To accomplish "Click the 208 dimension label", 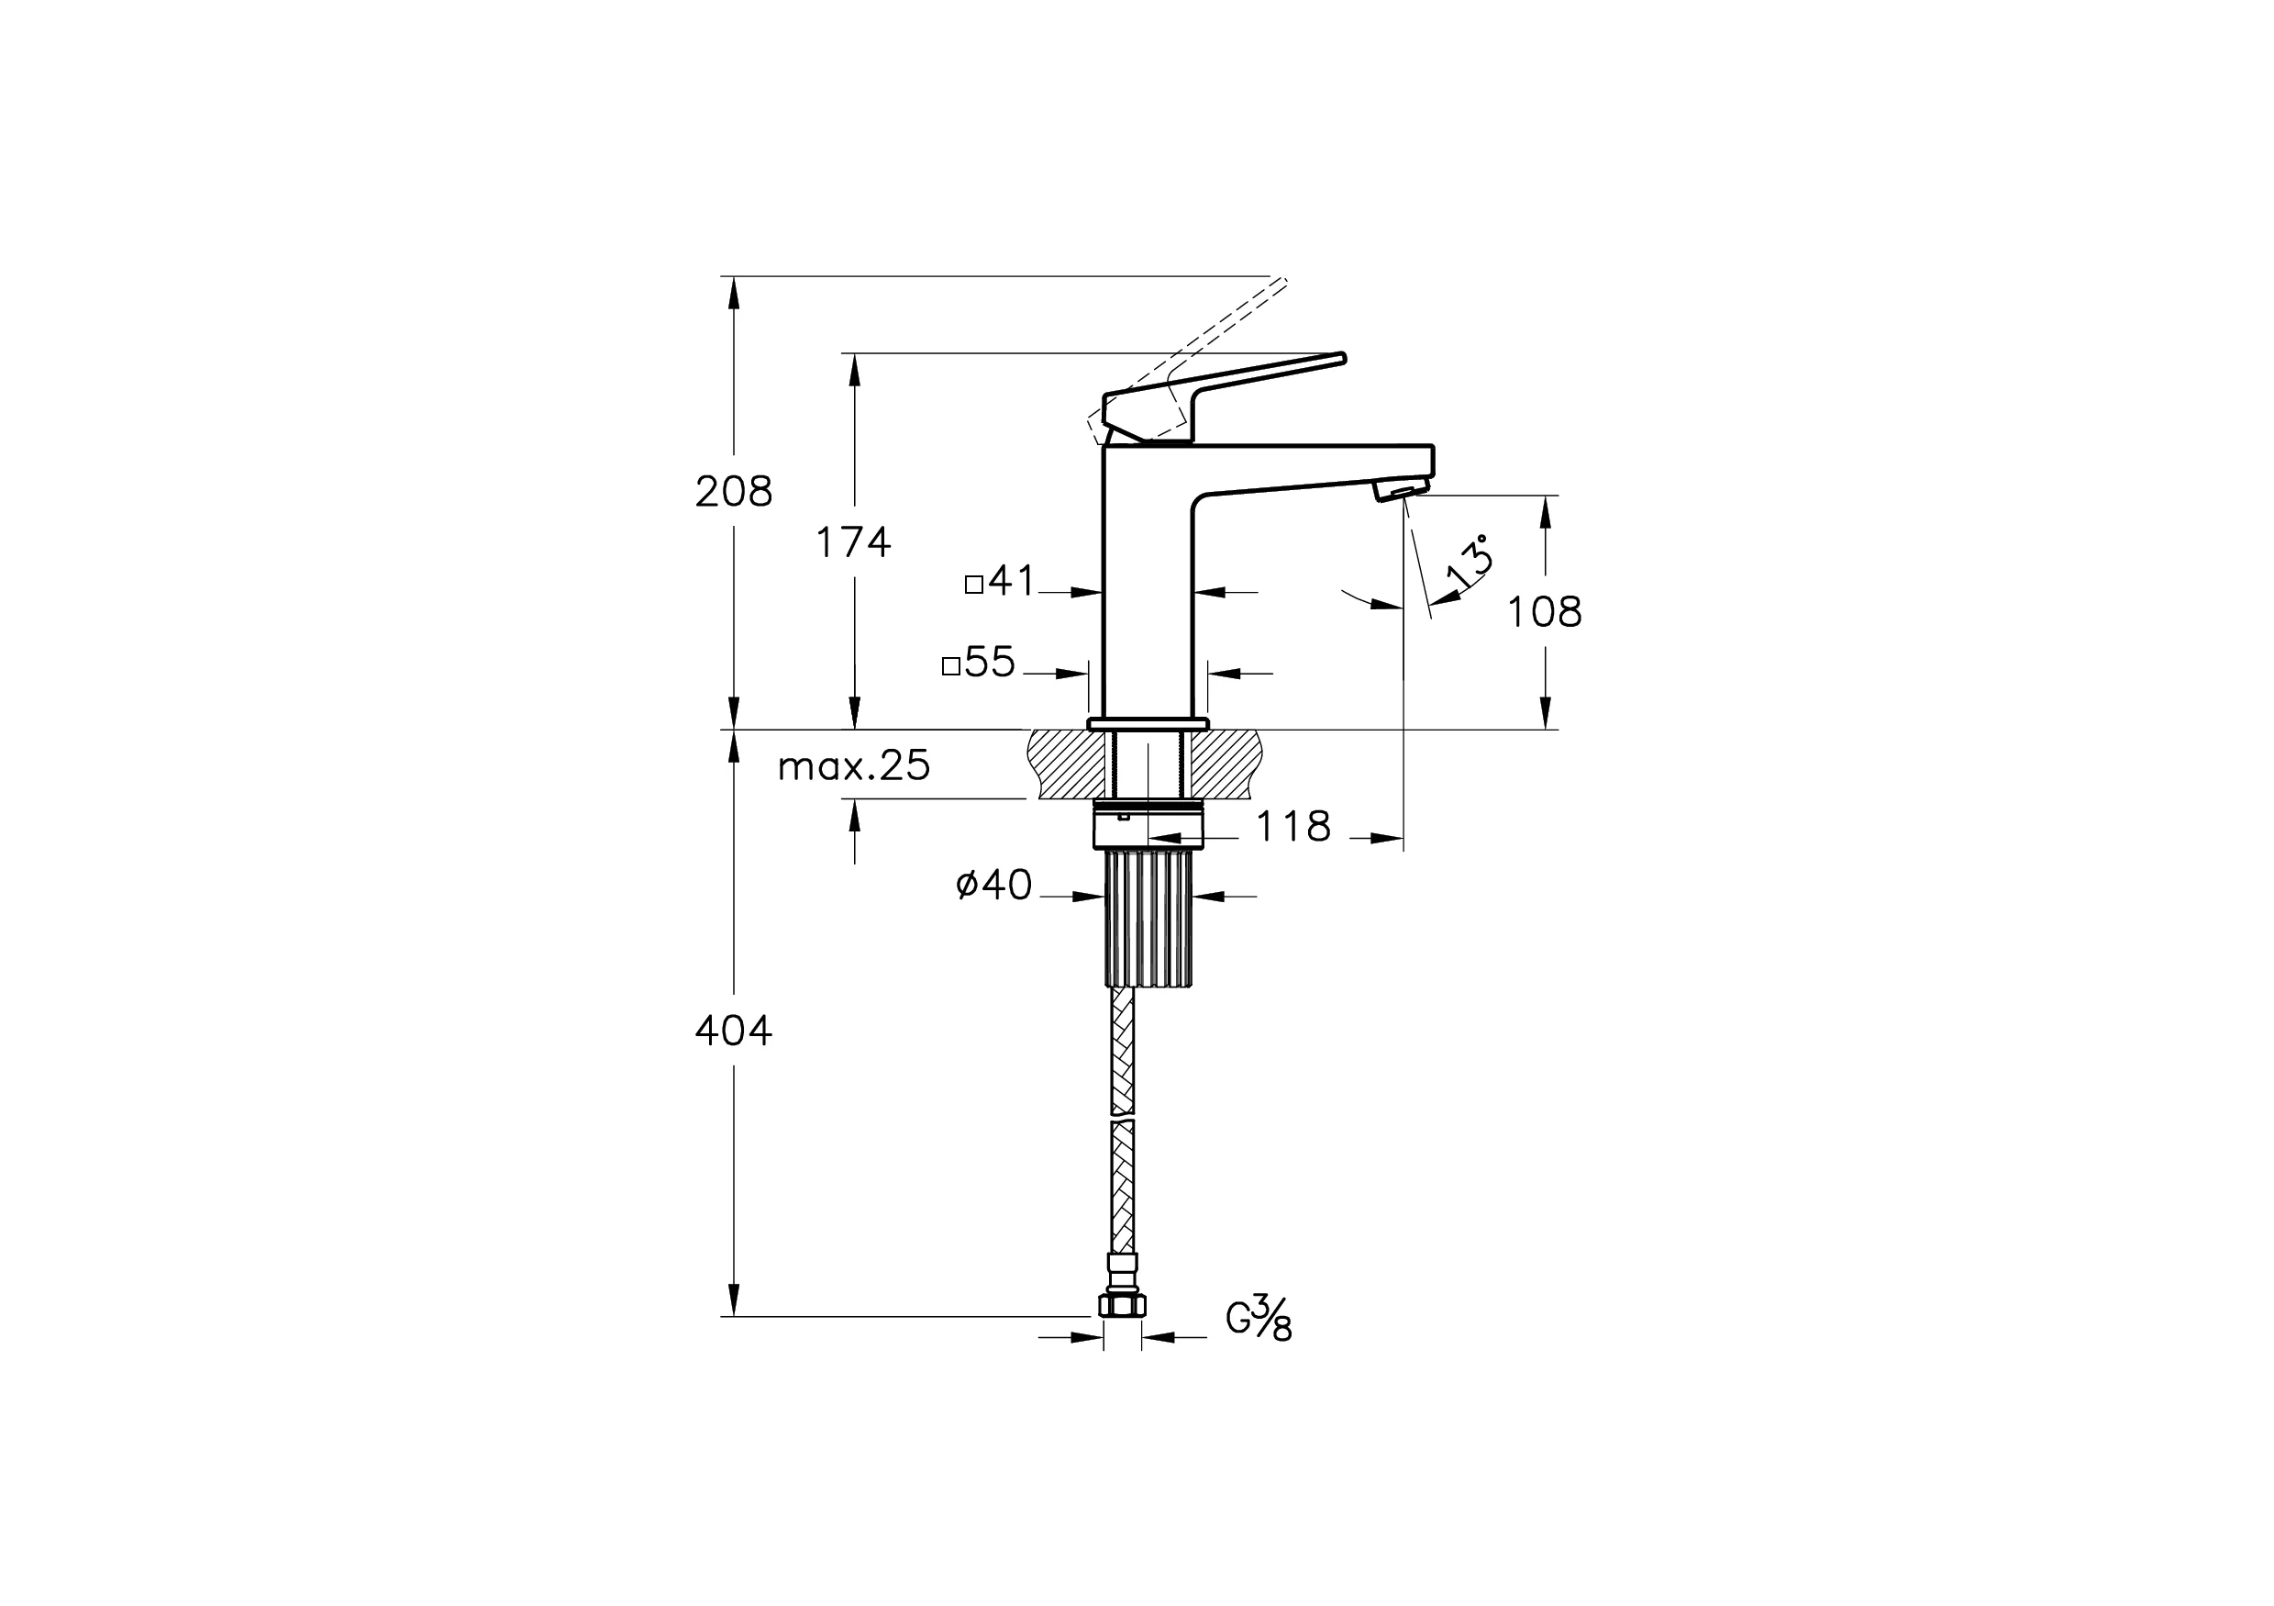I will tap(733, 491).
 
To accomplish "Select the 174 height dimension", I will tap(853, 543).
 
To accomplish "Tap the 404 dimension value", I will tap(733, 1032).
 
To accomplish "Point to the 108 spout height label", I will tap(1544, 612).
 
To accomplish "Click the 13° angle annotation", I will tap(1469, 562).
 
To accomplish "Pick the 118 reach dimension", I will tap(1293, 826).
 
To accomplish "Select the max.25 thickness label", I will tap(854, 766).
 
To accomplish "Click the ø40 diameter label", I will tap(994, 885).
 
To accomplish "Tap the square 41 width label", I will tap(1001, 582).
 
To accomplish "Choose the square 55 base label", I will tap(979, 663).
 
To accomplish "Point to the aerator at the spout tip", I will tap(1401, 488).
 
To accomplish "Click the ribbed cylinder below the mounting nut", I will tap(1147, 918).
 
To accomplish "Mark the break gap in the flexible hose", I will tap(1122, 1118).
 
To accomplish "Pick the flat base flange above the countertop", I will tap(1148, 724).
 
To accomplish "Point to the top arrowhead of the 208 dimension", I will tap(734, 288).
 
